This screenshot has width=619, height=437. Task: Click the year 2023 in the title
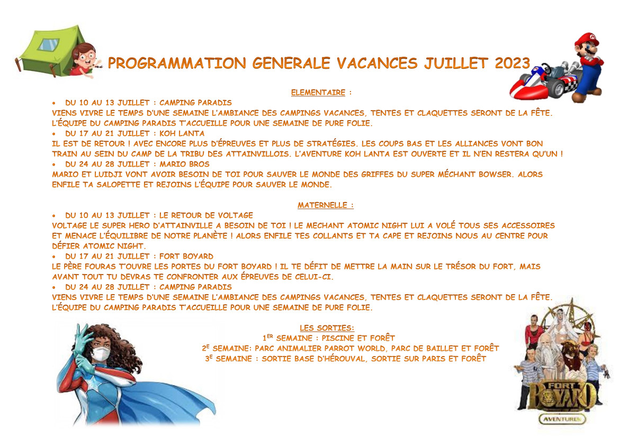(513, 63)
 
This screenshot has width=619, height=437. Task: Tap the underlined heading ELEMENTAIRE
(318, 92)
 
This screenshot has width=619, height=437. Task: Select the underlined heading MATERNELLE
(322, 205)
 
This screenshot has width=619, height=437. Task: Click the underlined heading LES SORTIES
(327, 328)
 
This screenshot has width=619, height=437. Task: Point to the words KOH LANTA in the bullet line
(182, 133)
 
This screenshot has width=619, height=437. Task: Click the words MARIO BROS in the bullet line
(184, 164)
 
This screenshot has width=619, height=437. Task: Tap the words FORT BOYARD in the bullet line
(186, 257)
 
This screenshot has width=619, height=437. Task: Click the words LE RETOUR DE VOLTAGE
(206, 215)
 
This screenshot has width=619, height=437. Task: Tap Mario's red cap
(587, 40)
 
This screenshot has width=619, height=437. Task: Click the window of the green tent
(49, 44)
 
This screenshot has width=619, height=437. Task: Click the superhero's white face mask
(101, 353)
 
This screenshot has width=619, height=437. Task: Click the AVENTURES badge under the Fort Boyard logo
(562, 419)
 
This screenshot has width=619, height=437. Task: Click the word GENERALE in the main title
(291, 63)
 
